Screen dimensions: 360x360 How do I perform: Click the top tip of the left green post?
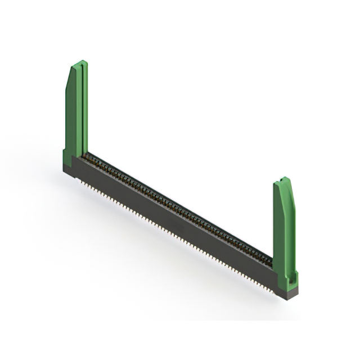click(82, 62)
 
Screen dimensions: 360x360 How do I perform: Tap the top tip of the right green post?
click(285, 179)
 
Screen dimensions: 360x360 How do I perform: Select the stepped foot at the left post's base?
click(66, 154)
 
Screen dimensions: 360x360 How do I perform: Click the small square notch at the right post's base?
click(290, 277)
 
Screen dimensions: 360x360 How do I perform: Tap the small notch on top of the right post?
click(283, 180)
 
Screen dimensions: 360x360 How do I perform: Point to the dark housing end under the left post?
click(73, 169)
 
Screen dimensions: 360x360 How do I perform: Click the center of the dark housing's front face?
click(174, 225)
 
